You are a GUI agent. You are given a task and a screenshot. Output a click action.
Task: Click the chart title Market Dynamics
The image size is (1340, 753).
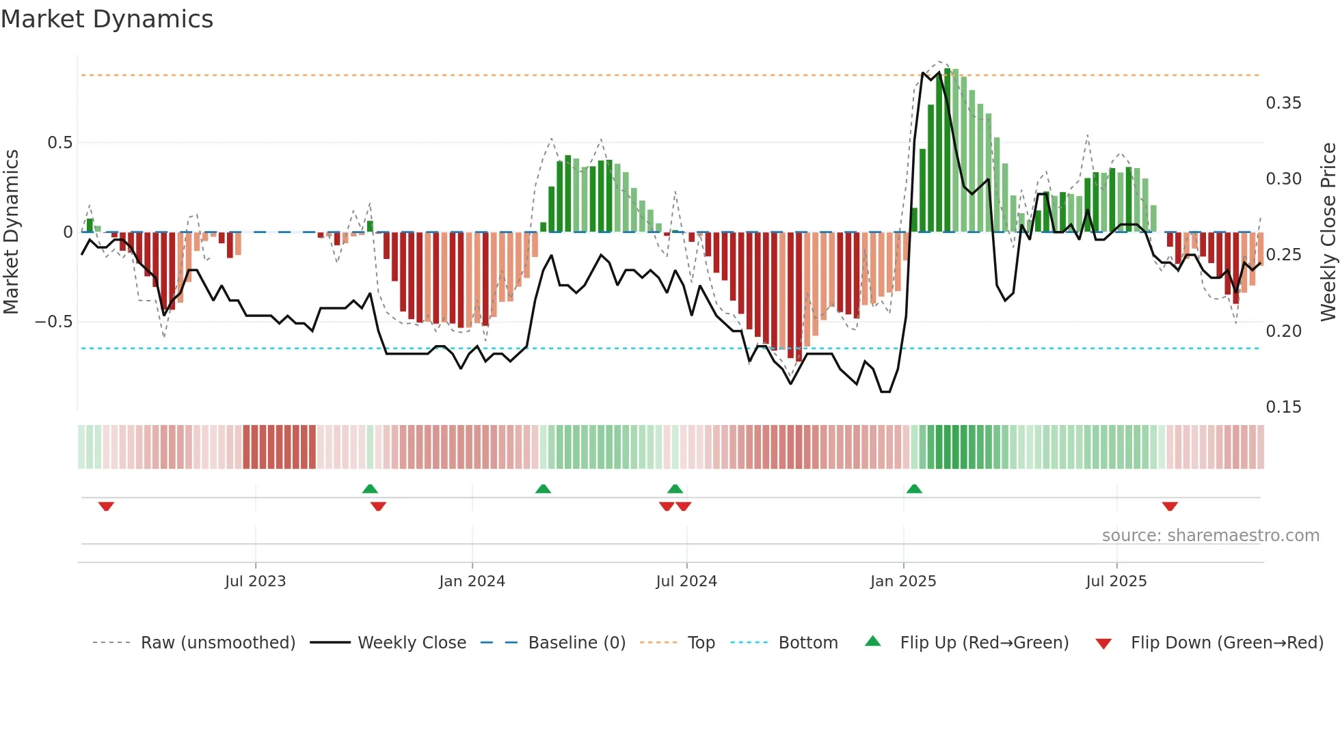[107, 19]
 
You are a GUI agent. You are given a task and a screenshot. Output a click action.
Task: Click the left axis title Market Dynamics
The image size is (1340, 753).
[11, 232]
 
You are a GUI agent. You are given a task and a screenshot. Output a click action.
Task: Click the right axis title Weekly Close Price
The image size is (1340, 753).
[1328, 232]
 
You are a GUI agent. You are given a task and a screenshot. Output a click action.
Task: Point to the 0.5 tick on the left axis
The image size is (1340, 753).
[59, 143]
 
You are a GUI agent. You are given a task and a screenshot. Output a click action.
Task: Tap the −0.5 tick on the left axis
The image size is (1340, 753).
[54, 322]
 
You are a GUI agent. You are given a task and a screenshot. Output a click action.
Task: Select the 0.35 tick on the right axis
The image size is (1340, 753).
[1283, 103]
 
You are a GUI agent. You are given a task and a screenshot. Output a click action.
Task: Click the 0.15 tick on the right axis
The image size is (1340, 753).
[1283, 407]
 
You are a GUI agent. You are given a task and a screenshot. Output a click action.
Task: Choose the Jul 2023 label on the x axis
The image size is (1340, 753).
[255, 581]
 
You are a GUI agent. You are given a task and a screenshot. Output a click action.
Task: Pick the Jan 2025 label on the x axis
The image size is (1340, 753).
[902, 581]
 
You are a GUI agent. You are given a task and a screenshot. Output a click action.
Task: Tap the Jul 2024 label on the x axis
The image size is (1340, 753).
[686, 581]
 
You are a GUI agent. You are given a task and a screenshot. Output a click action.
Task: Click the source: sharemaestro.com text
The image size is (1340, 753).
[1210, 536]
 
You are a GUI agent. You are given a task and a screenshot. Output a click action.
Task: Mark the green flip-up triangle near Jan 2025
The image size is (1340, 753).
[914, 489]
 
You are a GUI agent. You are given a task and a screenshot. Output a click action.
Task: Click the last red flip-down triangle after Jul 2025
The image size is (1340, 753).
[1169, 506]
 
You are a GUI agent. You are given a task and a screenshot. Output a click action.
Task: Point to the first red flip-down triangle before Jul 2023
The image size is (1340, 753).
[106, 506]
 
